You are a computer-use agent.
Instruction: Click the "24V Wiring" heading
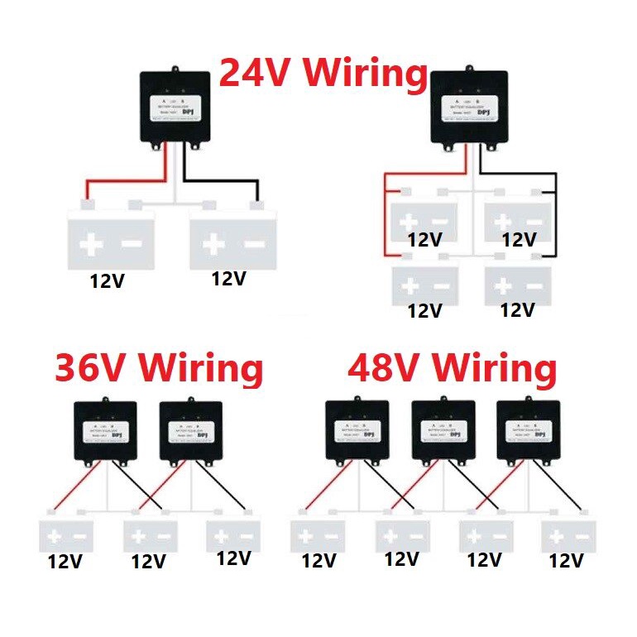tap(323, 74)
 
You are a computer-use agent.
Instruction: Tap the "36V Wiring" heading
tap(159, 369)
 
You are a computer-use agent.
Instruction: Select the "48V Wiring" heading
tap(452, 369)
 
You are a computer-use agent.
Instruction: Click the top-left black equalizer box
tap(177, 108)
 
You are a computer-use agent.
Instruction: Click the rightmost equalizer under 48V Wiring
tap(528, 430)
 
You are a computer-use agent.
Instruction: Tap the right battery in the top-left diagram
tap(232, 238)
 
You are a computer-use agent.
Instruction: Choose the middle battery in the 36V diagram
tap(151, 534)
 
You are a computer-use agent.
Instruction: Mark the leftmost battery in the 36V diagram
tap(67, 534)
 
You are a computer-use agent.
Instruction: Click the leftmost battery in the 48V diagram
tap(318, 534)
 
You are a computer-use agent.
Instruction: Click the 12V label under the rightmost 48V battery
tap(568, 561)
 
